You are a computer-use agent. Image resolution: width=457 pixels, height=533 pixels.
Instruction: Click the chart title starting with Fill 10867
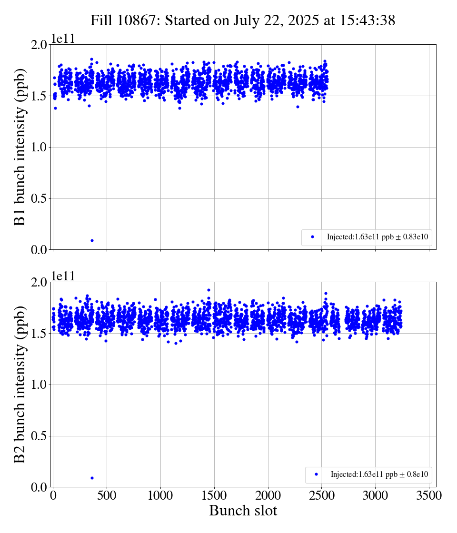tap(243, 20)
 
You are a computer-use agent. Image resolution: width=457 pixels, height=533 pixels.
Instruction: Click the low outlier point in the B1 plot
tap(92, 240)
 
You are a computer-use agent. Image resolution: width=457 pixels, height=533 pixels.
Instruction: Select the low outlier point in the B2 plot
tap(92, 478)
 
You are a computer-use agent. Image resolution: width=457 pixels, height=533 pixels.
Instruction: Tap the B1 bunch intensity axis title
tap(20, 147)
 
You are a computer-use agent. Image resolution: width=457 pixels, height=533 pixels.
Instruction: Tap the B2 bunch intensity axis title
tap(20, 385)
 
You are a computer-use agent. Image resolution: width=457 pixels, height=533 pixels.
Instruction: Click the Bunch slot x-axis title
tap(243, 511)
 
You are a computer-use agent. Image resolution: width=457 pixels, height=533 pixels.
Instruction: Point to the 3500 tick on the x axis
tap(429, 496)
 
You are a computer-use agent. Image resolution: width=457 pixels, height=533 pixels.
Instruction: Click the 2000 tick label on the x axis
tap(268, 496)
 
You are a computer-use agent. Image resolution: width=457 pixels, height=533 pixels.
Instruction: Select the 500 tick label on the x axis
tap(107, 496)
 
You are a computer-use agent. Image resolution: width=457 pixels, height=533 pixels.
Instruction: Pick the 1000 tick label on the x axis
tap(160, 496)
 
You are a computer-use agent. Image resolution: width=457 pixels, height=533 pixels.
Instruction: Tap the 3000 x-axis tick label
tap(376, 496)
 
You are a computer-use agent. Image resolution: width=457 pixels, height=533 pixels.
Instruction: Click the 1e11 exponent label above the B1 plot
tap(63, 39)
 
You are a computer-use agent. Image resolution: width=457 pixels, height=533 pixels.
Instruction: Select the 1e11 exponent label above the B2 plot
tap(63, 276)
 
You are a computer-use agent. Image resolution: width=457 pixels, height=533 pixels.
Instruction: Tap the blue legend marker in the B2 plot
tap(316, 474)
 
